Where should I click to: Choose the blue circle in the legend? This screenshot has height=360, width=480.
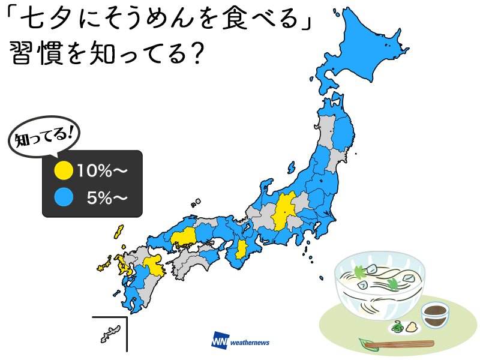pyautogui.click(x=62, y=196)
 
